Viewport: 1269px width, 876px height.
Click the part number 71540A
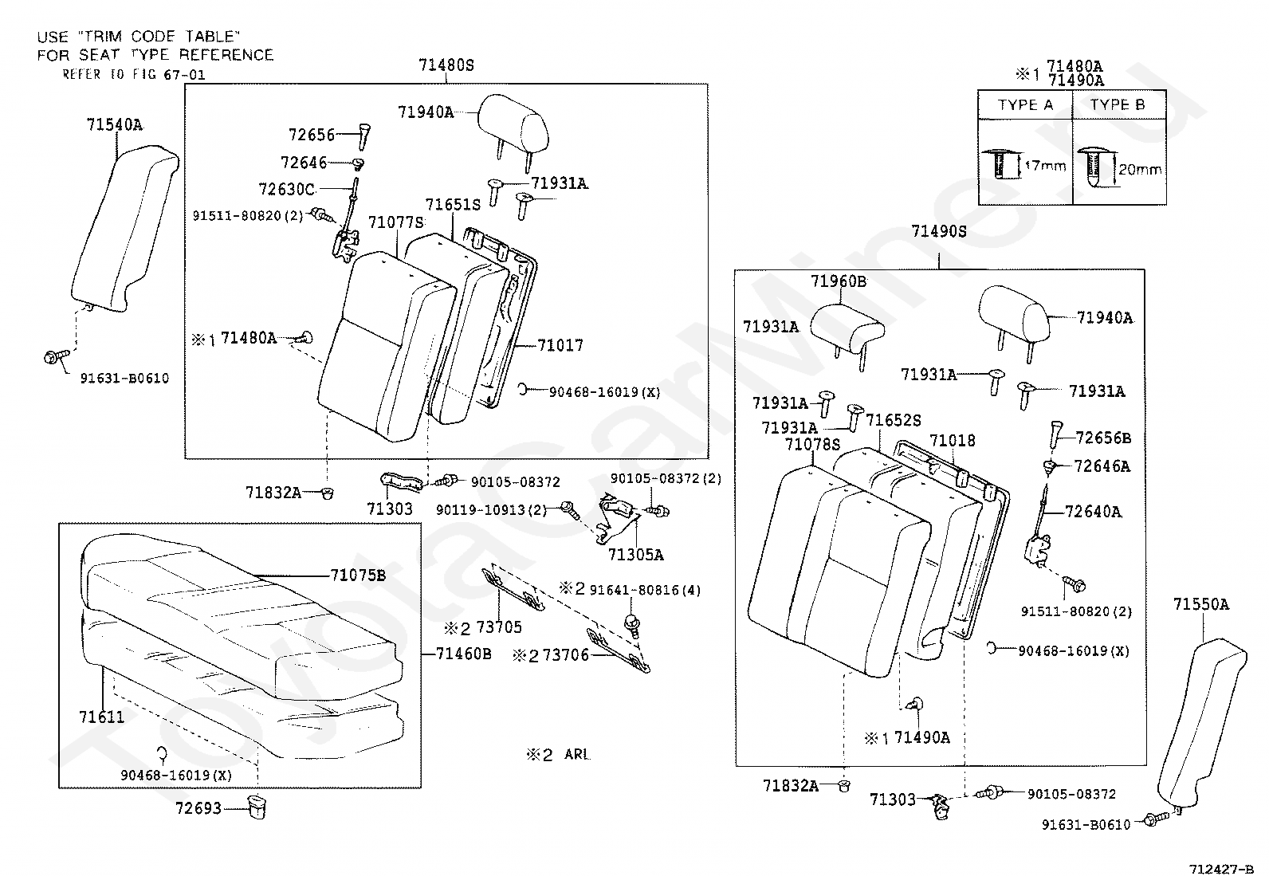(x=115, y=125)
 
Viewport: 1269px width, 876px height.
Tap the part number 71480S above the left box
(x=446, y=65)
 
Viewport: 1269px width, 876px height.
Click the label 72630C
(x=287, y=189)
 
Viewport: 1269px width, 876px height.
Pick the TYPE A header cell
(x=1025, y=105)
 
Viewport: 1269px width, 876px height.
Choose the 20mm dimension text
(x=1140, y=169)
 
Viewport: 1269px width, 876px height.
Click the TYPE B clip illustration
(x=1096, y=169)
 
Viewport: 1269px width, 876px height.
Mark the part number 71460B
(x=464, y=654)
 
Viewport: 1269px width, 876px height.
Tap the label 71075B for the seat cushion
(x=358, y=575)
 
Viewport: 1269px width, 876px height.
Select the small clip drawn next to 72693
(x=256, y=807)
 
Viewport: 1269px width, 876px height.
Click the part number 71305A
(x=635, y=555)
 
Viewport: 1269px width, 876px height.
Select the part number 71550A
(x=1200, y=605)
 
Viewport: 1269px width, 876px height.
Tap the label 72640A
(x=1093, y=512)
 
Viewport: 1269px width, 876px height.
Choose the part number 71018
(x=952, y=441)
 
